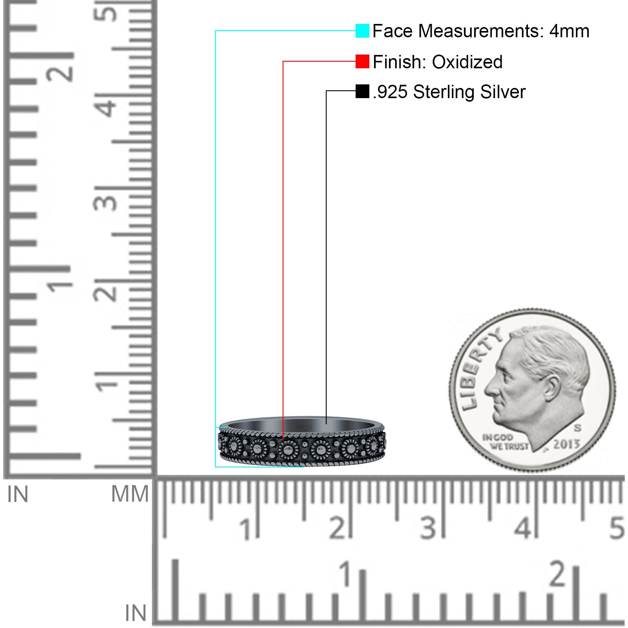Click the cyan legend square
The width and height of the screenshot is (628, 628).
coord(362,31)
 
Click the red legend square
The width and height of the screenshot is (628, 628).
coord(362,61)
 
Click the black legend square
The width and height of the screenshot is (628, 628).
coord(362,91)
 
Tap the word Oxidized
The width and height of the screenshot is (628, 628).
coord(467,62)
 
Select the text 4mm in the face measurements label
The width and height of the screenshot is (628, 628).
coord(569,31)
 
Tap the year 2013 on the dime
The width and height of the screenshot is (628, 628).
coord(566,444)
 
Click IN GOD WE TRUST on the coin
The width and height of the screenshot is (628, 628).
coord(505,442)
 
